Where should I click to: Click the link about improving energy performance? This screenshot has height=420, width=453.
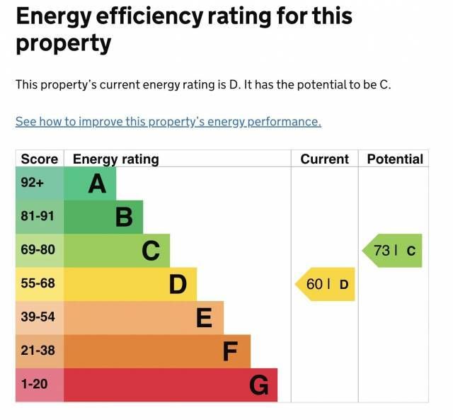tap(168, 122)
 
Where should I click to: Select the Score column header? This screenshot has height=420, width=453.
tap(39, 159)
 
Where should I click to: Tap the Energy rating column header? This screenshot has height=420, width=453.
tap(115, 159)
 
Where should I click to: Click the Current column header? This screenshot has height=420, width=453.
tap(324, 159)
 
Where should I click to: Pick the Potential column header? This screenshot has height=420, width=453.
tap(394, 159)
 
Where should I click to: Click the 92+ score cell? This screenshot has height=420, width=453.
tap(33, 183)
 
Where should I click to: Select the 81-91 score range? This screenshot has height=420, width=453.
tap(38, 217)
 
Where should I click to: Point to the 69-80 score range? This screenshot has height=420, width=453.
tap(38, 250)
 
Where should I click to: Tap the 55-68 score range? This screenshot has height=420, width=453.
tap(38, 284)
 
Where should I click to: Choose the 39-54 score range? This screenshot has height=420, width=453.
tap(38, 317)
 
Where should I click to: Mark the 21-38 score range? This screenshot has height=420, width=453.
tap(38, 351)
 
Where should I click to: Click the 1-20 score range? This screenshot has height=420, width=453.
tap(35, 385)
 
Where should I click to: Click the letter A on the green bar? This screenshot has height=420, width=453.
tap(97, 184)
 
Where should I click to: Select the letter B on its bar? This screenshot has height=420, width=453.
tap(124, 217)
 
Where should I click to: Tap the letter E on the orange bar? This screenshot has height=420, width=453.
tap(204, 318)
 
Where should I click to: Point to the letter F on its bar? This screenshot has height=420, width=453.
tap(230, 351)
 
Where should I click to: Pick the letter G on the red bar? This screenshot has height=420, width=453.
tap(259, 385)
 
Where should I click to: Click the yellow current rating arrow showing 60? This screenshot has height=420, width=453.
tap(326, 285)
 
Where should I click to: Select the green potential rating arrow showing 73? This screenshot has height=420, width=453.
tap(394, 251)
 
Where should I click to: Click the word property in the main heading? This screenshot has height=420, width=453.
tap(64, 44)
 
